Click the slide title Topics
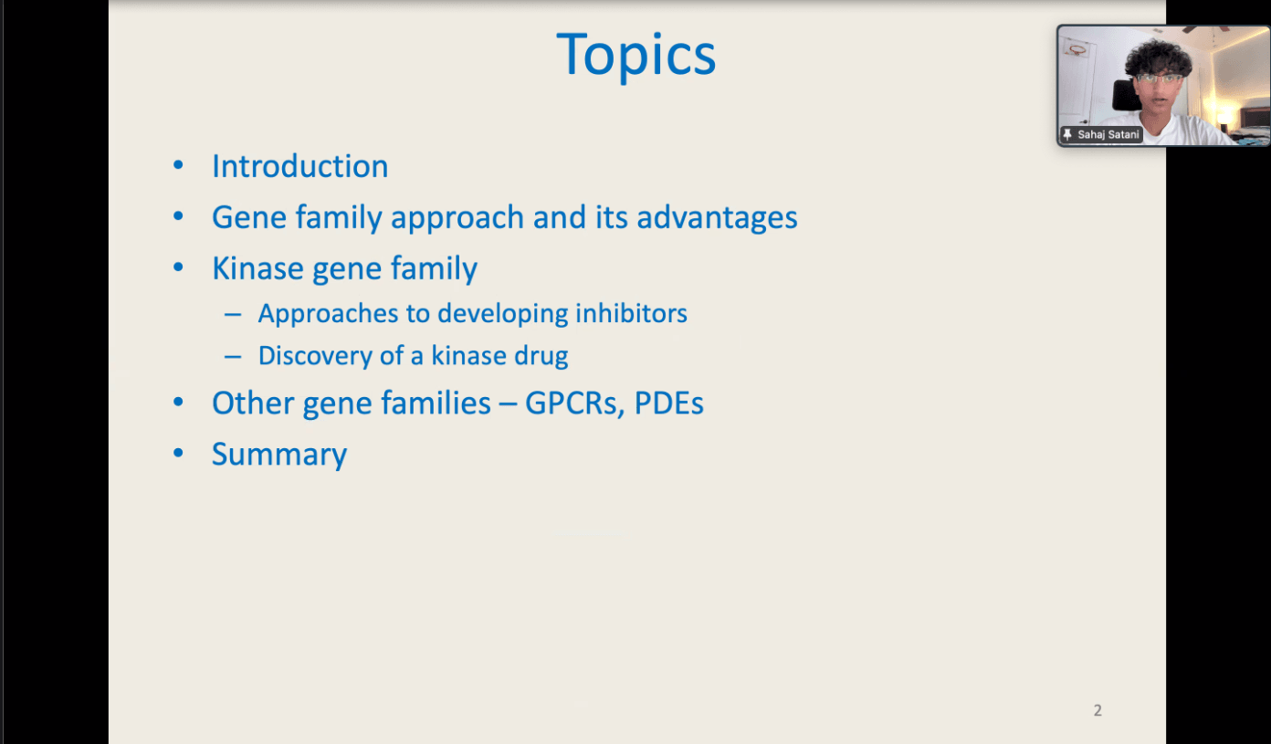636,55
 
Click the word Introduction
300,166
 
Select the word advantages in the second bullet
717,217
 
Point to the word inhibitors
631,313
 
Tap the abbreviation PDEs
669,403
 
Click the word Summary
279,455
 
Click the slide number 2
1098,710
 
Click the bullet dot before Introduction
178,165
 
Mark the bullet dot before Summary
178,452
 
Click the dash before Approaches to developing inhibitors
233,314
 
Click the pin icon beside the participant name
1067,134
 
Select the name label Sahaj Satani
1108,134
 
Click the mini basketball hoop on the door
1076,49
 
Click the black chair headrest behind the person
1123,95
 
